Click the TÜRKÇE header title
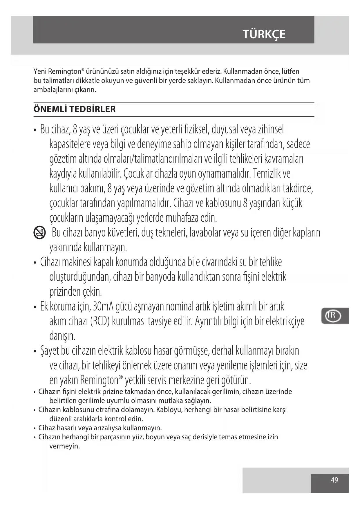tap(264, 34)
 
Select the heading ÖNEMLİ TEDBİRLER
tap(75, 109)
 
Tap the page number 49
tap(334, 480)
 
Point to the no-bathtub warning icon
tap(39, 233)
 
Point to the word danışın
tap(62, 336)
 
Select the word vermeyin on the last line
tap(64, 446)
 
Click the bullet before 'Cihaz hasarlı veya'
tap(35, 428)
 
